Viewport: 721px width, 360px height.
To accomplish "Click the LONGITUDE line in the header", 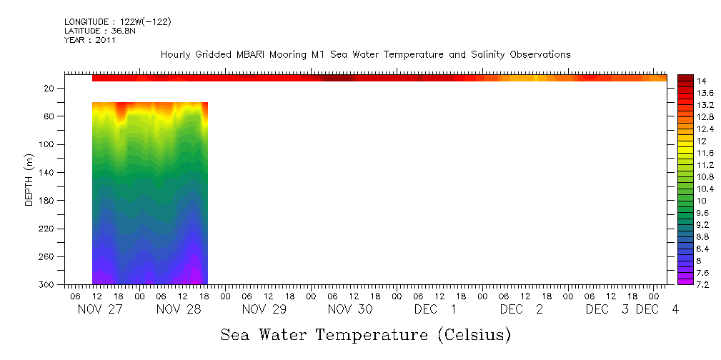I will [x=118, y=22].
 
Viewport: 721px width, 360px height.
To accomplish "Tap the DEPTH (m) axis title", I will [x=29, y=179].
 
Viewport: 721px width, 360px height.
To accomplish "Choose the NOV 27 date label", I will [x=96, y=309].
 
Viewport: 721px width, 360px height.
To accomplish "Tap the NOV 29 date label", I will [x=264, y=309].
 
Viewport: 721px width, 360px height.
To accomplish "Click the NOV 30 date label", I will [x=349, y=309].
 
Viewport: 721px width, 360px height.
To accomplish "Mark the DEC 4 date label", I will [x=657, y=309].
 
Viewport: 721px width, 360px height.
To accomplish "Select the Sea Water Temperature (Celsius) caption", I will [x=366, y=334].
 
